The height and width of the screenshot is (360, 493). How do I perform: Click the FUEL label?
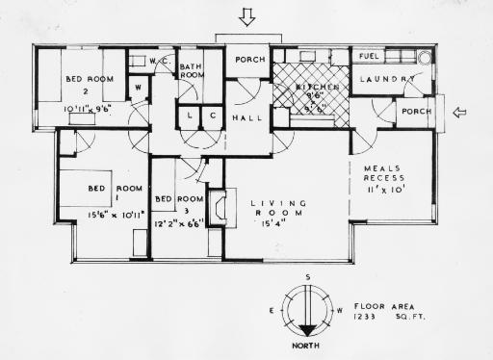coord(367,56)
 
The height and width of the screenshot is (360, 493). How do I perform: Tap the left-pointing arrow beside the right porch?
coord(460,113)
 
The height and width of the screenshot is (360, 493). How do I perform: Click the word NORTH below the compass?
coord(308,342)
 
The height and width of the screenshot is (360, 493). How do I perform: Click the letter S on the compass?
coord(308,278)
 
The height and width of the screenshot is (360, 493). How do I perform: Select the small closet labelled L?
coord(189,116)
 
